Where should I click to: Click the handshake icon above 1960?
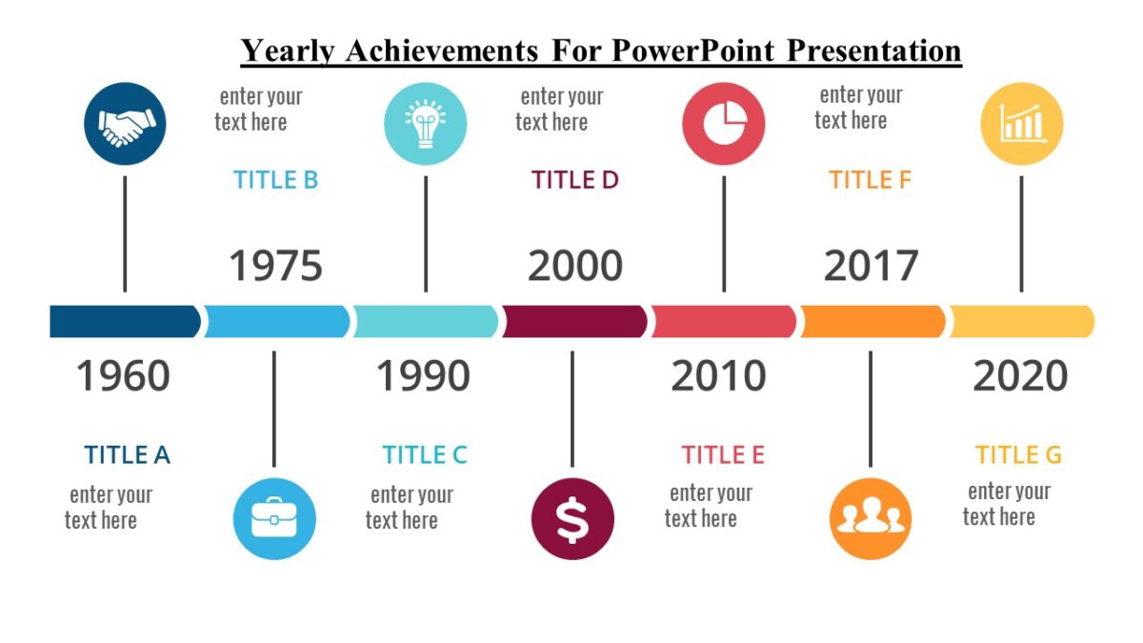pyautogui.click(x=125, y=124)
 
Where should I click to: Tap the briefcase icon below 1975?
pyautogui.click(x=274, y=519)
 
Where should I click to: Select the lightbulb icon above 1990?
pyautogui.click(x=425, y=124)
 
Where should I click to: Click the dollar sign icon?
pyautogui.click(x=572, y=519)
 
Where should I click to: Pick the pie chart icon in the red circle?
pyautogui.click(x=724, y=124)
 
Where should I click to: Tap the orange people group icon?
pyautogui.click(x=870, y=519)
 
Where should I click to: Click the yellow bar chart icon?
pyautogui.click(x=1022, y=124)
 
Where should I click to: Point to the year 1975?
pyautogui.click(x=275, y=266)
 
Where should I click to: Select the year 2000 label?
pyautogui.click(x=575, y=266)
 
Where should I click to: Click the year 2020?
pyautogui.click(x=1020, y=376)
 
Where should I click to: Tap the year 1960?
pyautogui.click(x=123, y=376)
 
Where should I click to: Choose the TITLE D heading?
pyautogui.click(x=575, y=180)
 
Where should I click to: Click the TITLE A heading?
pyautogui.click(x=127, y=455)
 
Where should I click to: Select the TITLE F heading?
pyautogui.click(x=871, y=180)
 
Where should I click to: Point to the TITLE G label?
pyautogui.click(x=1018, y=455)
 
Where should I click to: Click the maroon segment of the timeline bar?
pyautogui.click(x=574, y=322)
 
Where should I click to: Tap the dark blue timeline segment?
pyautogui.click(x=124, y=322)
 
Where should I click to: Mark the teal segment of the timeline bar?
pyautogui.click(x=426, y=322)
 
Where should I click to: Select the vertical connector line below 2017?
pyautogui.click(x=870, y=409)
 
